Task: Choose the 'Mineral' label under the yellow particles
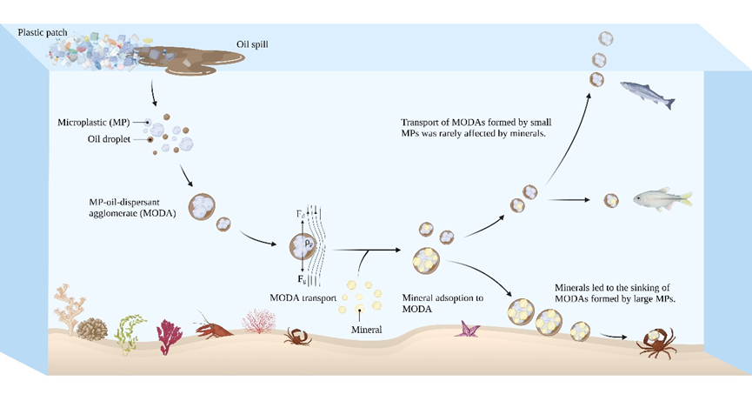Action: [366, 330]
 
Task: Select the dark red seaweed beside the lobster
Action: [167, 333]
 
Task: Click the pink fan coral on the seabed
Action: [256, 323]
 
